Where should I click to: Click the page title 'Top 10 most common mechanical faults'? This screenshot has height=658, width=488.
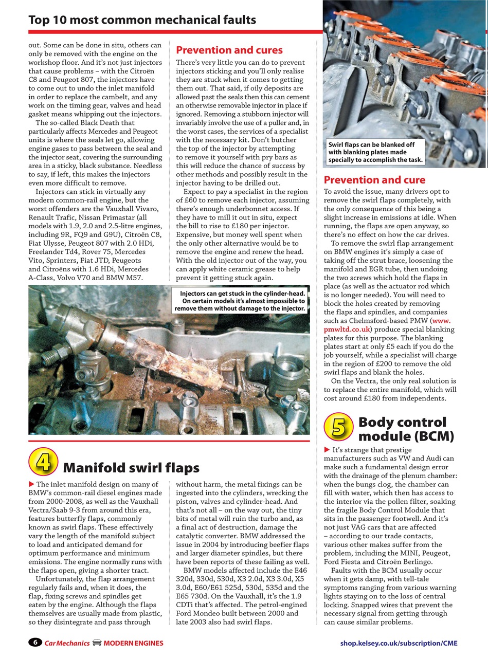[x=142, y=20]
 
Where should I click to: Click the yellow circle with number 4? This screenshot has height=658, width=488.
[x=43, y=461]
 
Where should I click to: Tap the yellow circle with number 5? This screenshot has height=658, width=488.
[x=339, y=427]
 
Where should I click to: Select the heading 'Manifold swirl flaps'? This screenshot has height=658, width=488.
[x=131, y=468]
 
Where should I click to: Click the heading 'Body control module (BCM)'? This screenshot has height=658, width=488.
[x=406, y=429]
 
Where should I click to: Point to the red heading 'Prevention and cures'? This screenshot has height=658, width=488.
[x=229, y=50]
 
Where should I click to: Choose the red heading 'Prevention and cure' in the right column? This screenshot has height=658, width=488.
[x=374, y=180]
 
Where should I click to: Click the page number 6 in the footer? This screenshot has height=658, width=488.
[x=34, y=643]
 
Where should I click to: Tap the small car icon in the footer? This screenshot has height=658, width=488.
[x=97, y=643]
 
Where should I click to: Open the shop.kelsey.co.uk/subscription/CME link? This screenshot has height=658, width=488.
[x=399, y=643]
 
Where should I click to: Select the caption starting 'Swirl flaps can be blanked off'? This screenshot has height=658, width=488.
[x=375, y=152]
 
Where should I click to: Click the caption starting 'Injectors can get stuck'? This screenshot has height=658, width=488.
[x=240, y=301]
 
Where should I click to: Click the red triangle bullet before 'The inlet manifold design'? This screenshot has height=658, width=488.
[x=31, y=484]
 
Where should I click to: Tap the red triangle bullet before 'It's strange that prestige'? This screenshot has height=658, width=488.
[x=327, y=450]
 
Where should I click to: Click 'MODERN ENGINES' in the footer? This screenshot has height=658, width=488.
[x=133, y=643]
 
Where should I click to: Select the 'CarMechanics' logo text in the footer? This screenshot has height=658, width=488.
[x=67, y=643]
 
